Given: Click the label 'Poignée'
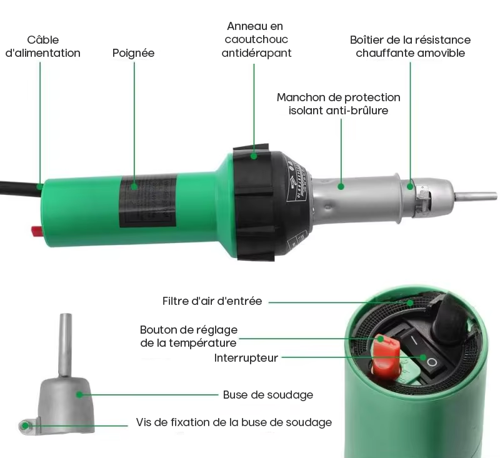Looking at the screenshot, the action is pos(133,53).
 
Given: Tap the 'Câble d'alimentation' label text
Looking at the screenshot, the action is pos(43,46).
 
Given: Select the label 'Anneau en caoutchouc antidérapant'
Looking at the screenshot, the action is pos(256,39).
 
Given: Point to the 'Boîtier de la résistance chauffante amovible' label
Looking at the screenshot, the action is pos(411,46).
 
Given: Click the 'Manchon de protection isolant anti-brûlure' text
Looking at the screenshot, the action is pos(338,104).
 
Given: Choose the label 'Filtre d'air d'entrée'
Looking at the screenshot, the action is pos(212,301).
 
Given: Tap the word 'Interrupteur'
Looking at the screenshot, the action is pos(246,358).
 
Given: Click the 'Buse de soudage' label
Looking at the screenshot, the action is pos(268,395).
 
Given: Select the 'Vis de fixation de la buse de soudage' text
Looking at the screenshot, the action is pos(234,422).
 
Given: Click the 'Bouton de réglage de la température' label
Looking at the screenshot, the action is pos(189,336).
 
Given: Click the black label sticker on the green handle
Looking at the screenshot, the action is pos(147,201).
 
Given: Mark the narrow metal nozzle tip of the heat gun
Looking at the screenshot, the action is pos(475,196).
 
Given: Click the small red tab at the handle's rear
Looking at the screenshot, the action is pos(37,231).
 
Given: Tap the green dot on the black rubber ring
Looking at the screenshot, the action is pos(254,156).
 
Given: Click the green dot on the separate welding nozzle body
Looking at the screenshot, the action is pos(79,395).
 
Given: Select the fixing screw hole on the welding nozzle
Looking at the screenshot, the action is pos(24,426).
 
